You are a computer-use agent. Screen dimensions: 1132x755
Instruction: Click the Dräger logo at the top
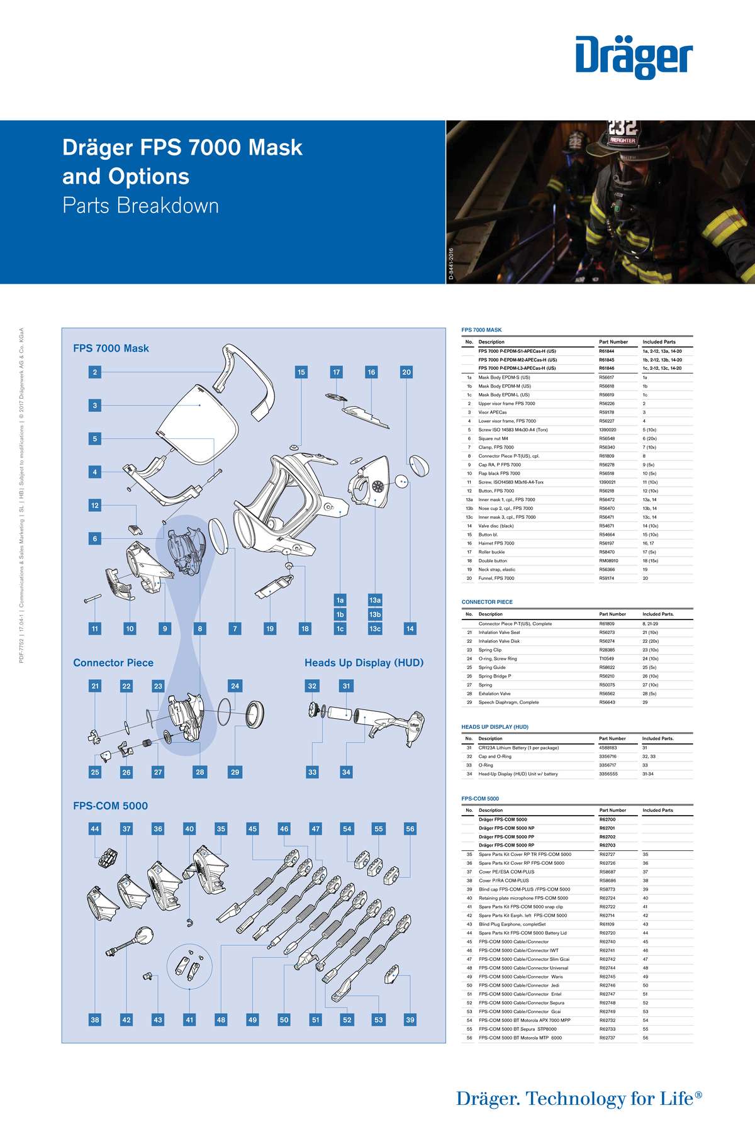634,57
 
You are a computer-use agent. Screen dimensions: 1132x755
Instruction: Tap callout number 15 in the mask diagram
301,372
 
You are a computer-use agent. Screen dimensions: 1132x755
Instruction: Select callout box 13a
375,600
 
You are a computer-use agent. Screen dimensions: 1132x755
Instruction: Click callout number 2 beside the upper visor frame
95,372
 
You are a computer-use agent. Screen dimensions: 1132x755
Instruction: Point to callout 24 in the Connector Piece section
235,685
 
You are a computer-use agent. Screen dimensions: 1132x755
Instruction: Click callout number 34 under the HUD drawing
346,772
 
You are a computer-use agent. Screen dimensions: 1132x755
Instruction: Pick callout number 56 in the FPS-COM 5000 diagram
410,829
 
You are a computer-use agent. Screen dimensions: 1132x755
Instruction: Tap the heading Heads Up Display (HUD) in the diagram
364,663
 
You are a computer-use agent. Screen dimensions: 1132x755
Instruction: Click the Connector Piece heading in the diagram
113,663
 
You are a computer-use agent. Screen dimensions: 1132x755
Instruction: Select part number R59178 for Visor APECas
607,413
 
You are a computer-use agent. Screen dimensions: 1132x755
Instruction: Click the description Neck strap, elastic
496,570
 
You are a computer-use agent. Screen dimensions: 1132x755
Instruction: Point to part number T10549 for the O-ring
607,658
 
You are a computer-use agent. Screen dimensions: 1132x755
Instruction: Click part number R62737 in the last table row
607,1038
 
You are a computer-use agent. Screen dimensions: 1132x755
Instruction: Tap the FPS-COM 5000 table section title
480,799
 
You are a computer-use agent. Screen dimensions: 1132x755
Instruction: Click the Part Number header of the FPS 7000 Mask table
613,342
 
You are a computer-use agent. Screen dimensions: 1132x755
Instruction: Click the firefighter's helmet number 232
623,128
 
